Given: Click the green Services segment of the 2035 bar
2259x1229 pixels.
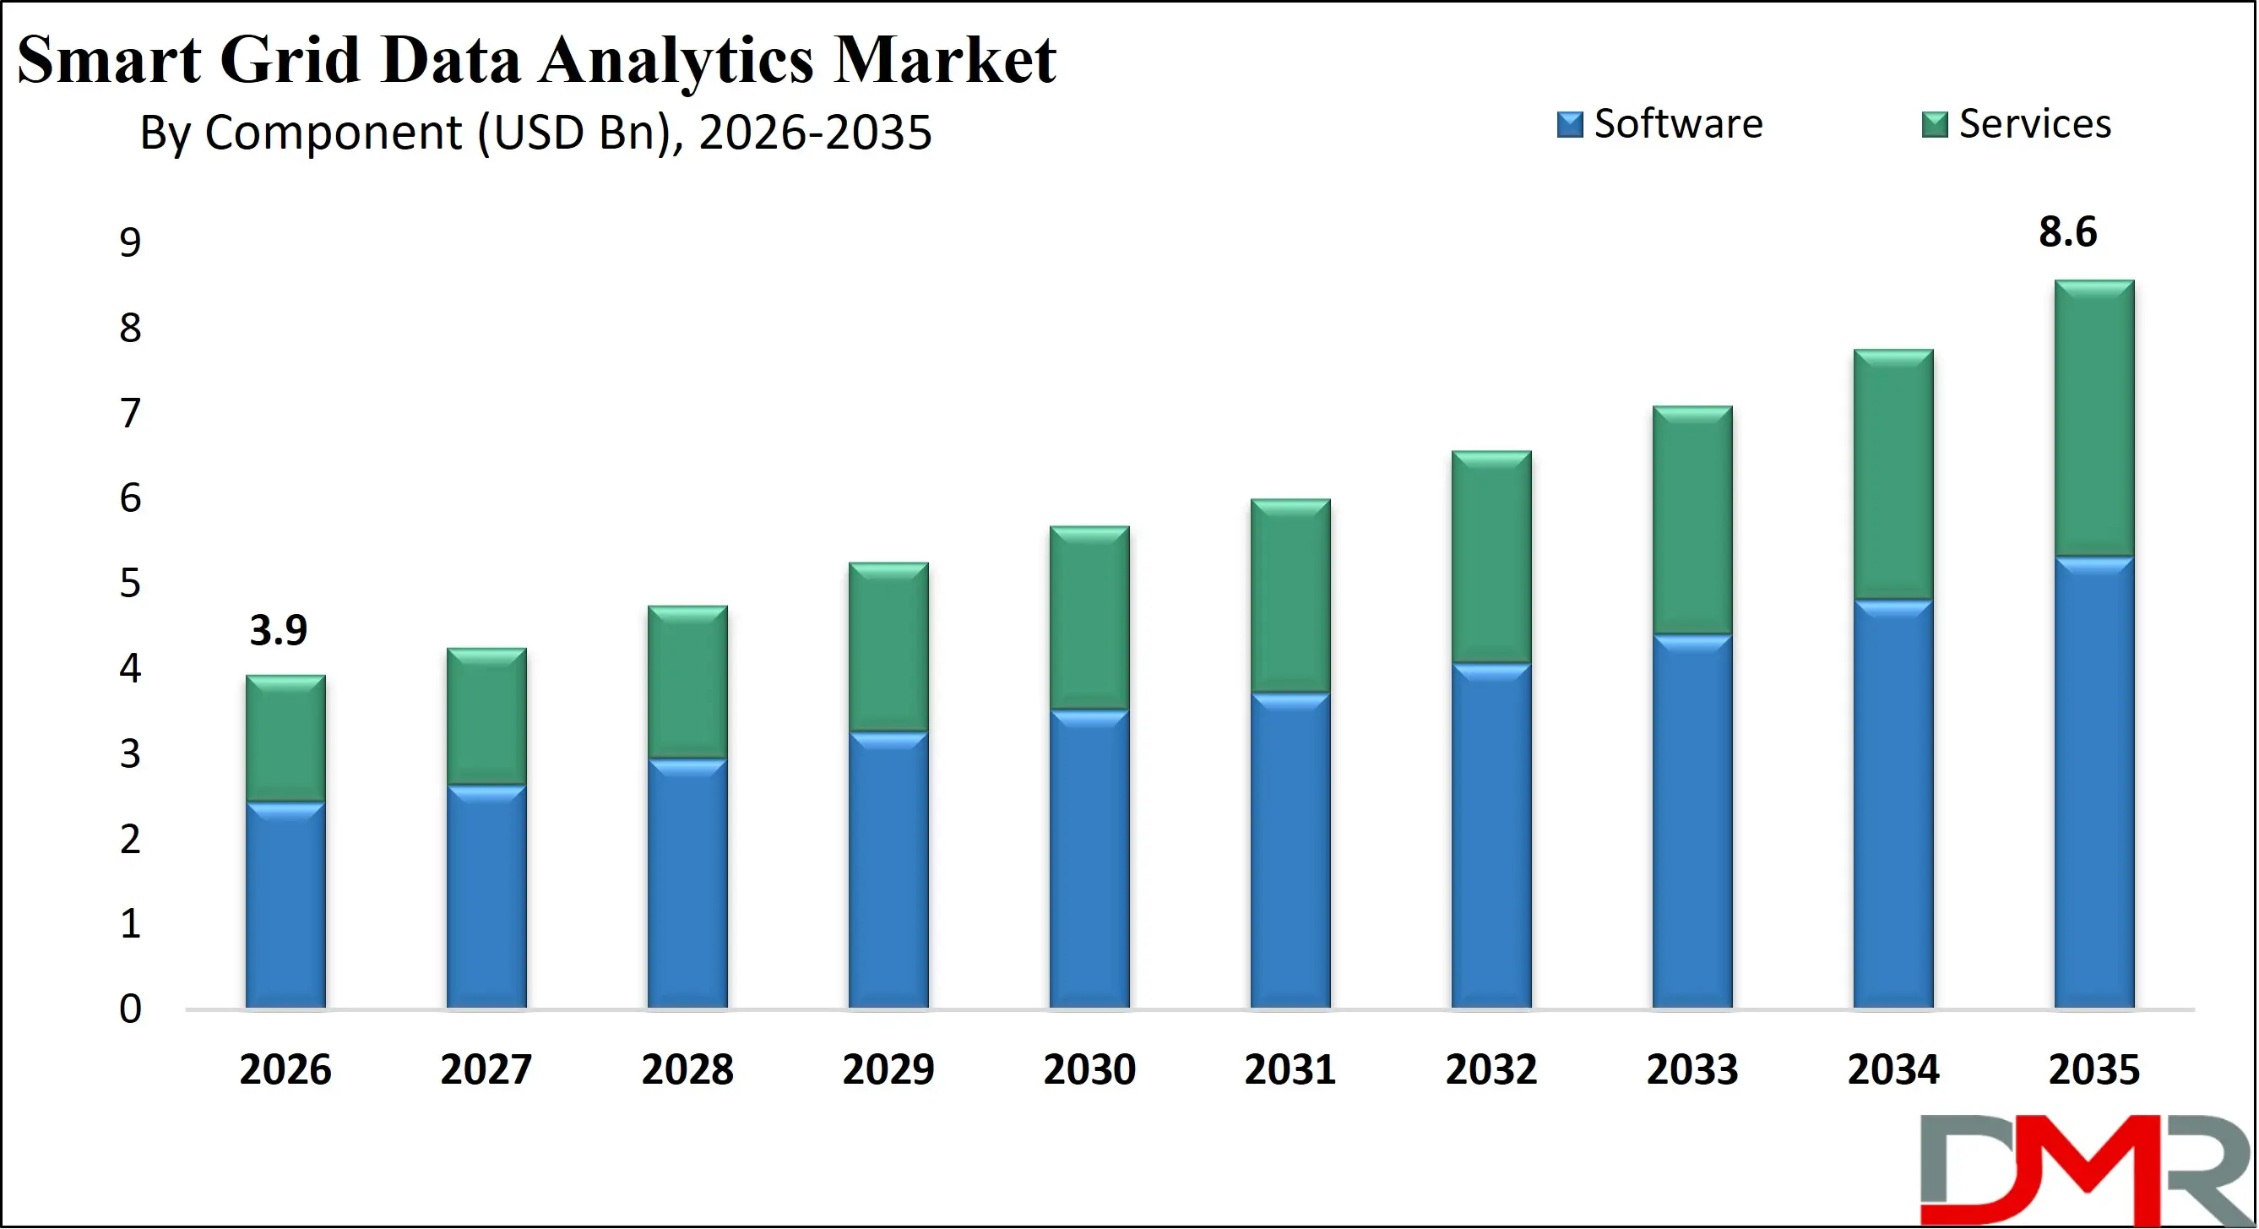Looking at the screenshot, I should click(2093, 417).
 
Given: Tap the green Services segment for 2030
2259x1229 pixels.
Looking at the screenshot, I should click(1089, 617).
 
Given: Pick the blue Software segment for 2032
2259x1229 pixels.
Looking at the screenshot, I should click(1491, 835).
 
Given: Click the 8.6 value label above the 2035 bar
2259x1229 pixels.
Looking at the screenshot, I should click(2067, 232).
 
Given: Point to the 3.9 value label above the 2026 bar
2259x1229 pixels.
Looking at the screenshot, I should click(278, 631).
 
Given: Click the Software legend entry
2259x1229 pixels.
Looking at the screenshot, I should click(1660, 124).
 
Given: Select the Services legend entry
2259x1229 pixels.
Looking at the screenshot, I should click(2017, 124).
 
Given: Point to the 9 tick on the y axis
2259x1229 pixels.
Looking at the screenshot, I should click(130, 243).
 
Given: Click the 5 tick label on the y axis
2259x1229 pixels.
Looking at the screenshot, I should click(130, 584).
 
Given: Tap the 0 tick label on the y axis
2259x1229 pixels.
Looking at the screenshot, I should click(130, 1009).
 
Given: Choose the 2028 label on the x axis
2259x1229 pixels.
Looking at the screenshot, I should click(687, 1069).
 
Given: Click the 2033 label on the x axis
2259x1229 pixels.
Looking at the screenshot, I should click(1692, 1069).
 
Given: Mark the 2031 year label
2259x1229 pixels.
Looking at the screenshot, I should click(1290, 1069).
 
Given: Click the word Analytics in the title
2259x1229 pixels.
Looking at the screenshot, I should click(676, 62).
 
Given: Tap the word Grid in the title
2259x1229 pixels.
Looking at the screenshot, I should click(290, 62).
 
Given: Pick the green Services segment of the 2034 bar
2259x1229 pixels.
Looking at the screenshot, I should click(1892, 475).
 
